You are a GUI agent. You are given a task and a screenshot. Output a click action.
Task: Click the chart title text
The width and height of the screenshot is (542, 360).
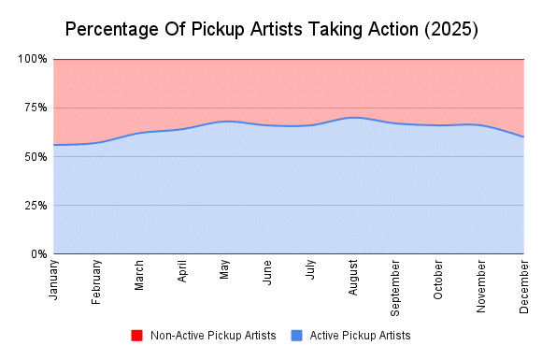271,29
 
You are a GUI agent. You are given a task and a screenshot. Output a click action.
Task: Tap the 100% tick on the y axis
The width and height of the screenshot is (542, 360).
33,59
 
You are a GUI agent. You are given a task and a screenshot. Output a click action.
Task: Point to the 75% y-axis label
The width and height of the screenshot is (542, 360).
36,108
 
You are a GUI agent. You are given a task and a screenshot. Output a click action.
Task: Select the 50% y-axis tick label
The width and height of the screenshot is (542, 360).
36,156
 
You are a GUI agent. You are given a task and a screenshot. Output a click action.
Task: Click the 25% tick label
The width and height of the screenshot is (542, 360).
36,205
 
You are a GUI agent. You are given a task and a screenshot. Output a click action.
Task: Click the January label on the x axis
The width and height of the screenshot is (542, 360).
53,280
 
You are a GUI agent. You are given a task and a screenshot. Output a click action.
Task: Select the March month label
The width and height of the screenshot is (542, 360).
139,275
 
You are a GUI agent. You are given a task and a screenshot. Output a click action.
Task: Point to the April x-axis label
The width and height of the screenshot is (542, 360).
182,272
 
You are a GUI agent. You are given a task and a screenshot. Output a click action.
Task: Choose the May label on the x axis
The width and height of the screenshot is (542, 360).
225,270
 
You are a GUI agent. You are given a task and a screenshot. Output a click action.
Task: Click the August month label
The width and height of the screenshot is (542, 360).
354,276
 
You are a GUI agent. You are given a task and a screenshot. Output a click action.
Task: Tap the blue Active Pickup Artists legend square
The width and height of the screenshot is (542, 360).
297,335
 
